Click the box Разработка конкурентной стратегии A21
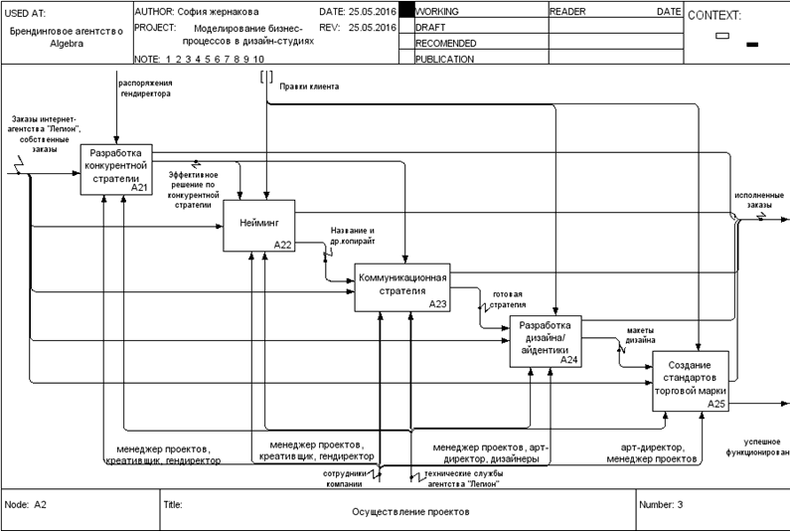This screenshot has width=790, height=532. [x=118, y=169]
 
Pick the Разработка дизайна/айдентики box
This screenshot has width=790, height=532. [x=546, y=341]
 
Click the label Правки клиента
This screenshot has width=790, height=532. [x=309, y=87]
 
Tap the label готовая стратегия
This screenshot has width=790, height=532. [x=502, y=300]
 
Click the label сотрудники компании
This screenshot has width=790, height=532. [x=347, y=478]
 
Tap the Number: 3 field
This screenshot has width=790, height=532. [x=661, y=504]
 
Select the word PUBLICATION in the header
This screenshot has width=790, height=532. [x=445, y=59]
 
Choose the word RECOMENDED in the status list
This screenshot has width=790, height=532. [x=445, y=44]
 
